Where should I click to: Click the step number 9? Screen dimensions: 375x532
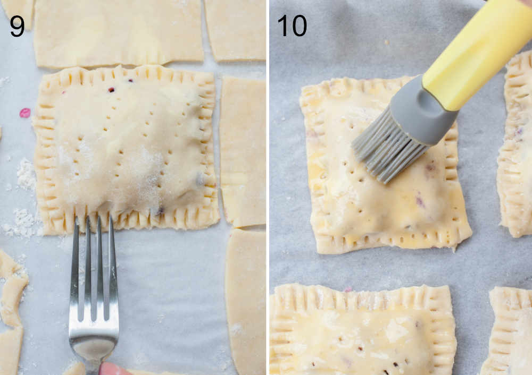point(17,25)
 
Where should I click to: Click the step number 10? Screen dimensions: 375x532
point(292,25)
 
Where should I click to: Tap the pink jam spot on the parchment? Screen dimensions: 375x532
point(24,113)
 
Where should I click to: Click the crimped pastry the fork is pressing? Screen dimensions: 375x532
point(126,149)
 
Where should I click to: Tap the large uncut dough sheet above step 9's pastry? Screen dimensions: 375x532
point(118,32)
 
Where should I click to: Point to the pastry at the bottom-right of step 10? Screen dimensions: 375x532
point(511,332)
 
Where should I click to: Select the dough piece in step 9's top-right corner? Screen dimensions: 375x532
point(235,29)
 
